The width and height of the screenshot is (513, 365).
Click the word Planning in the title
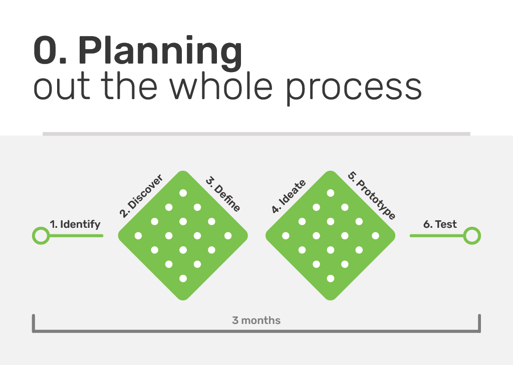point(160,53)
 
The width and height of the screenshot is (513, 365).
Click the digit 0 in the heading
point(46,51)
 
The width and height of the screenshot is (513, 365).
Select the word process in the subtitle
point(354,89)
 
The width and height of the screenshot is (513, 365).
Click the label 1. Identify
point(75,224)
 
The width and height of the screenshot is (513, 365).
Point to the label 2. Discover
point(141,196)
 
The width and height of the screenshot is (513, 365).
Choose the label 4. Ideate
point(289,196)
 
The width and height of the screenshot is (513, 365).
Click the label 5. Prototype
point(372,195)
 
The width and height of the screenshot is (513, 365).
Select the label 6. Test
point(440,224)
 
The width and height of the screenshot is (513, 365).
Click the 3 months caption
point(256,320)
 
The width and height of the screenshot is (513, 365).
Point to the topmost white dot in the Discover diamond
point(183,193)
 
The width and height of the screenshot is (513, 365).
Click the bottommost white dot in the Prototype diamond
point(331,278)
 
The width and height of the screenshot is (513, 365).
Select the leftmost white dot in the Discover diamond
point(138,235)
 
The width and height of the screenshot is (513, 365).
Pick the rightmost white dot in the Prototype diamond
point(376,235)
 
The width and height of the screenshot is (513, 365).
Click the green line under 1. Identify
point(76,235)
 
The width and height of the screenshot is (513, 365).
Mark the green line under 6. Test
point(437,235)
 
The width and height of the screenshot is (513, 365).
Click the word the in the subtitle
point(129,86)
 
